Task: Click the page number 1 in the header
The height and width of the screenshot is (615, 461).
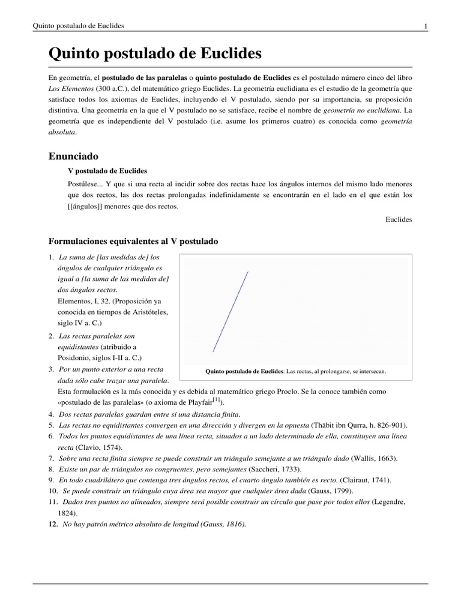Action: (x=425, y=26)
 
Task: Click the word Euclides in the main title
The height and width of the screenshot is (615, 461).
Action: (x=229, y=54)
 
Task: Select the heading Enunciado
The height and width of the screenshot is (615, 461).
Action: (x=73, y=156)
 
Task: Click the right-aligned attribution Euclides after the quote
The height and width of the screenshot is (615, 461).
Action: (x=399, y=220)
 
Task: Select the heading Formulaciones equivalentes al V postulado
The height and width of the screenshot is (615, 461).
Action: (x=133, y=241)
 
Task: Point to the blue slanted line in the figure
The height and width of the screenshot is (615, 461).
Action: (x=230, y=312)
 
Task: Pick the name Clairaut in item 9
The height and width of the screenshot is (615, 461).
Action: (x=358, y=480)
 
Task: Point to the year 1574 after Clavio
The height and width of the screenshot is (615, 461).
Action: (x=111, y=447)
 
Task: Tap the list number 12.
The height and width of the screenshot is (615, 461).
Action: (x=52, y=524)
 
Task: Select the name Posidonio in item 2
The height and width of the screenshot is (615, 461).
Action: (x=75, y=358)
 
